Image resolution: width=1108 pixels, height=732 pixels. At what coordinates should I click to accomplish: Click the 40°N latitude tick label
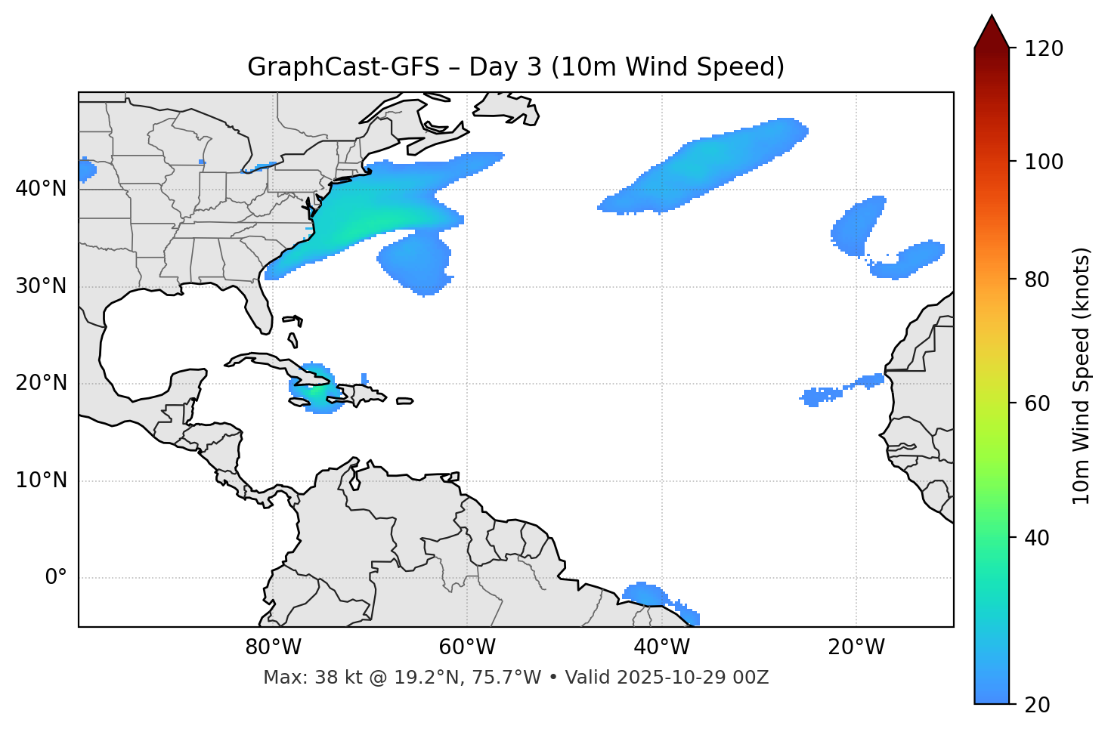[x=41, y=189]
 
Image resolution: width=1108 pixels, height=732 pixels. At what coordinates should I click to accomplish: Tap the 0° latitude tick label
[x=56, y=578]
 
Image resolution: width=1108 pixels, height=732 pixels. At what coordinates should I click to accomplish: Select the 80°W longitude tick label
[x=273, y=647]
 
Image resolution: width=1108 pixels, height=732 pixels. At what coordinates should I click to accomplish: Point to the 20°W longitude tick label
[x=856, y=647]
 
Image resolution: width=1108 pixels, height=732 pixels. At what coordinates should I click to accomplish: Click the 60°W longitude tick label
[x=467, y=647]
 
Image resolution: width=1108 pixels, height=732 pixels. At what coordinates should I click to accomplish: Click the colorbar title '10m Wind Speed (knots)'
[x=1082, y=375]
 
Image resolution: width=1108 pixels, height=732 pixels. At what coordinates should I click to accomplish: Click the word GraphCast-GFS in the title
[x=343, y=67]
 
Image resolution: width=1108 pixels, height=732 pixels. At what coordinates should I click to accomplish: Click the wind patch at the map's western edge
[x=86, y=170]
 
